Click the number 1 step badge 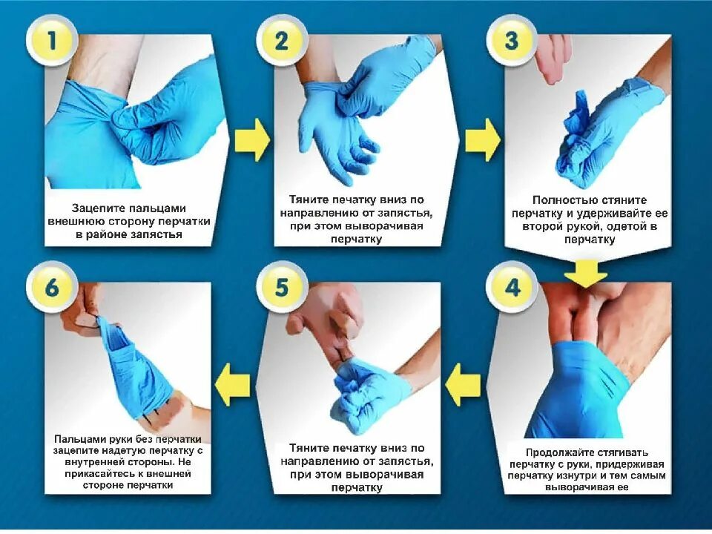[x=51, y=41]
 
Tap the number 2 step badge [x=282, y=41]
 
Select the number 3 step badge [x=512, y=41]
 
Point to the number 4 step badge [x=512, y=288]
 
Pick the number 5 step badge [x=282, y=288]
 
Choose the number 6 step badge [x=51, y=288]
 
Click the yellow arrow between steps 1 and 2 [x=252, y=140]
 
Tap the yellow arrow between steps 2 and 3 [x=483, y=140]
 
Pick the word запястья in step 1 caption [x=156, y=235]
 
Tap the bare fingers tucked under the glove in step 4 [x=579, y=318]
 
